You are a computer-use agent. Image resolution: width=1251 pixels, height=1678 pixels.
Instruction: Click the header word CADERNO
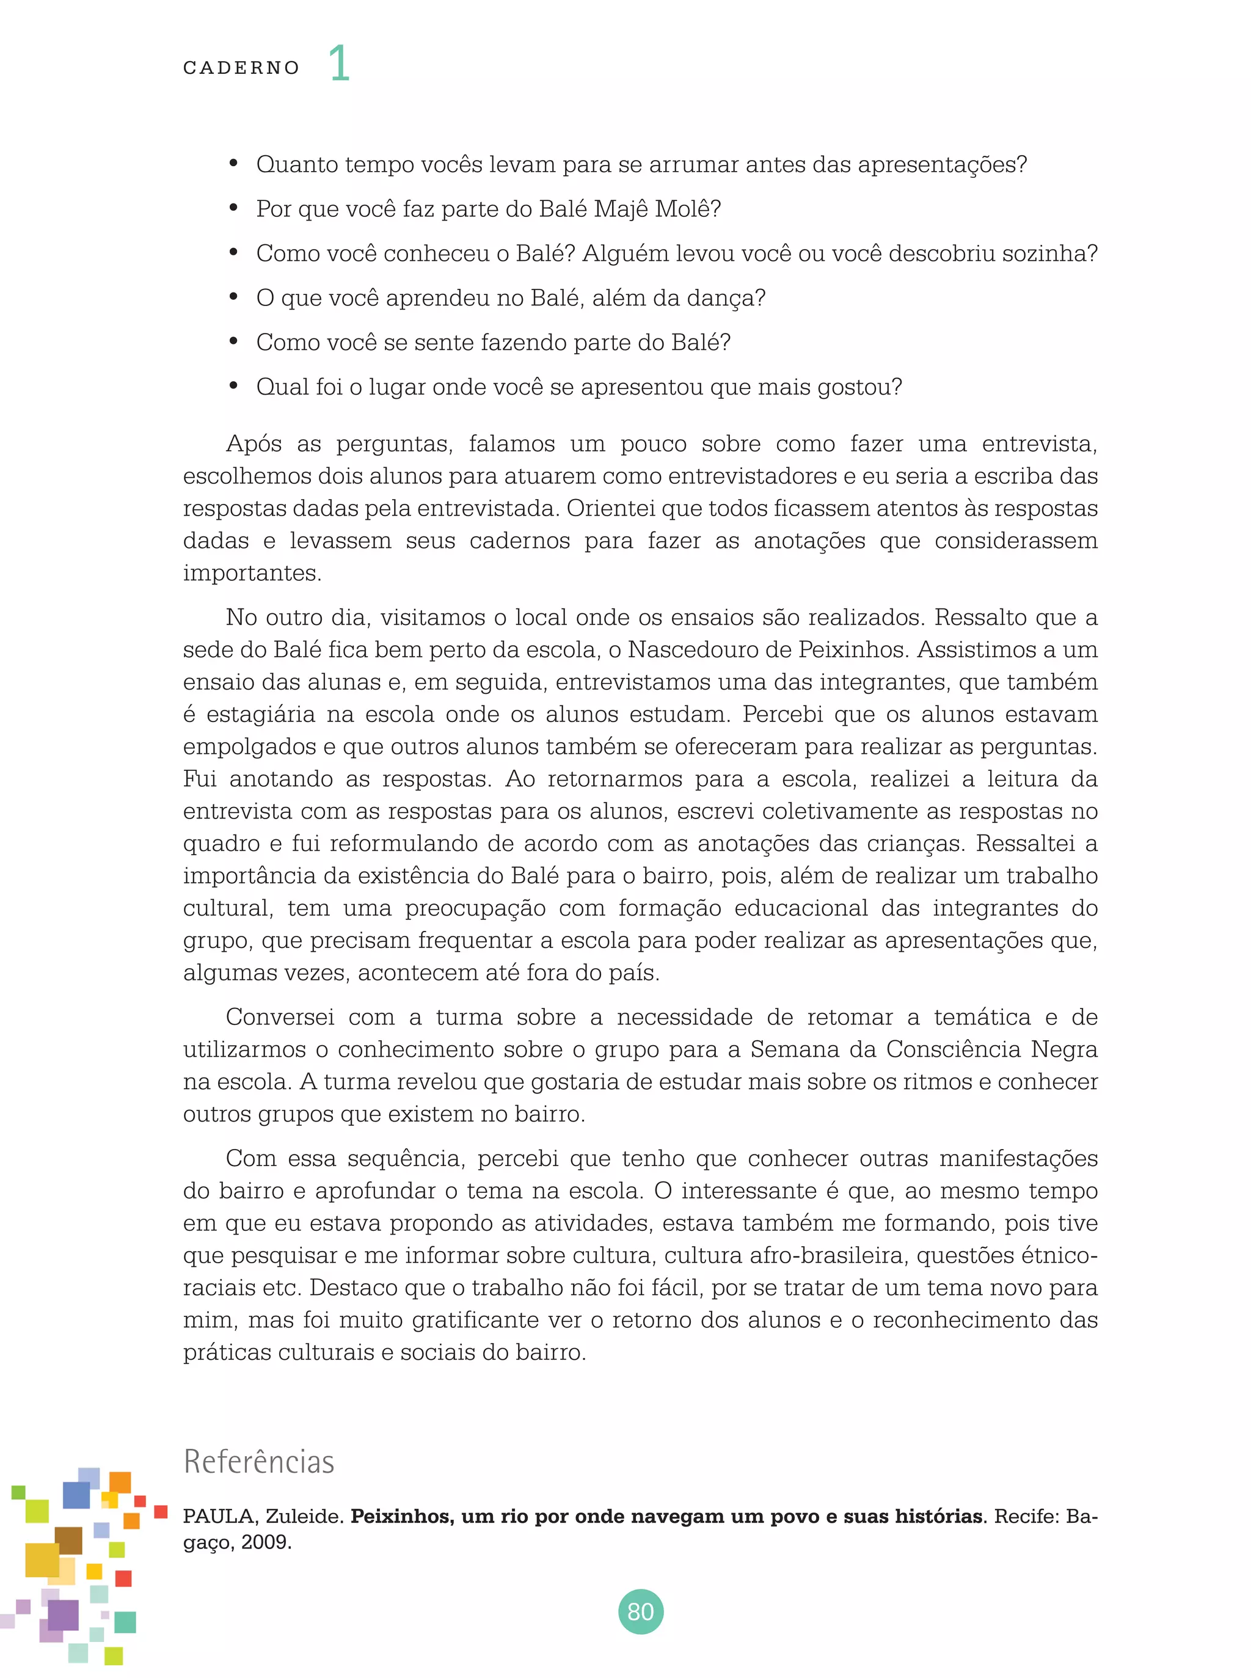pos(241,68)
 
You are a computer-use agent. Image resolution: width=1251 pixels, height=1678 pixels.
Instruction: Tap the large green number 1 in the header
pos(338,64)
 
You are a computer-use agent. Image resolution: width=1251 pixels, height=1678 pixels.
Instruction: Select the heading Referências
pos(258,1461)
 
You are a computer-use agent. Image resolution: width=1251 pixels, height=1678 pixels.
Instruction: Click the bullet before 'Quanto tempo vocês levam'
pos(234,164)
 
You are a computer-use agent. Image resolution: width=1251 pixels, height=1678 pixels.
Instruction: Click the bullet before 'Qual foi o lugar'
pos(234,386)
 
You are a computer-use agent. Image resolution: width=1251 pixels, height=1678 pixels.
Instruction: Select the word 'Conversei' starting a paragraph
pos(279,1017)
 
